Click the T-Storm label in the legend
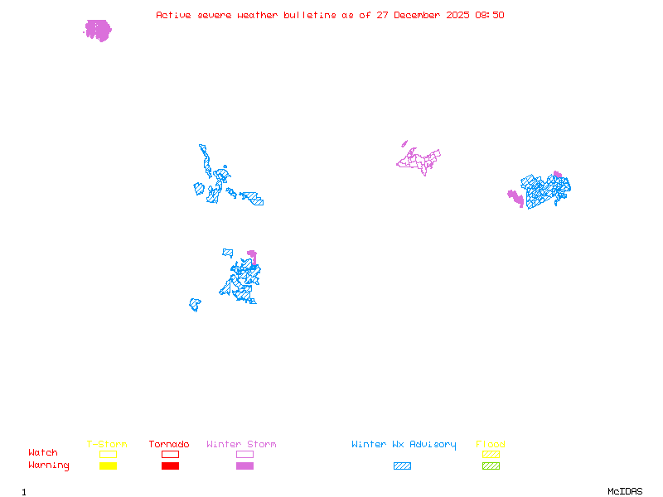(107, 445)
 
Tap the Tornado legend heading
(169, 445)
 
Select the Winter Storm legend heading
(241, 445)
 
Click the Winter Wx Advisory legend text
(404, 445)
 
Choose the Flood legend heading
(491, 445)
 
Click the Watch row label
(43, 453)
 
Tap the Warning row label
(49, 466)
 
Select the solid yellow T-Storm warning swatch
(108, 466)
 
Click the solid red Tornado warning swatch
(170, 466)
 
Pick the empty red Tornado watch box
(170, 454)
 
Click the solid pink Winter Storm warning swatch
(244, 466)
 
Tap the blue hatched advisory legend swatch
(402, 466)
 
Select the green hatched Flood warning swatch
(491, 466)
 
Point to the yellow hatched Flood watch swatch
(491, 454)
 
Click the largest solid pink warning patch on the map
(98, 31)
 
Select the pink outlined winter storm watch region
(419, 159)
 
